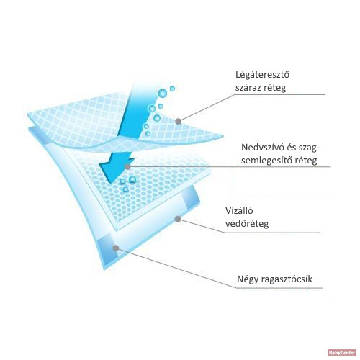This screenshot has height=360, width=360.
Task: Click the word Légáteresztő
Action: pyautogui.click(x=262, y=74)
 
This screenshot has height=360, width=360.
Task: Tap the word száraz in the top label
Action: pyautogui.click(x=248, y=88)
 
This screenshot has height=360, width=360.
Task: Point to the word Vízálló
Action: pyautogui.click(x=239, y=210)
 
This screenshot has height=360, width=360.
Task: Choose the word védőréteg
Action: pyautogui.click(x=247, y=224)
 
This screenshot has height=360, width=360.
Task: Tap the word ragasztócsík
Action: pyautogui.click(x=287, y=279)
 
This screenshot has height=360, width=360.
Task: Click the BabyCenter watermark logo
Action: pyautogui.click(x=342, y=353)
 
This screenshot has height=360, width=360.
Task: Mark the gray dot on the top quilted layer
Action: pyautogui.click(x=178, y=122)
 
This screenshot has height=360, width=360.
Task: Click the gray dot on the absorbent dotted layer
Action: pyautogui.click(x=128, y=166)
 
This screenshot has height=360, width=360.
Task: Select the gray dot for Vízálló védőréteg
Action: pyautogui.click(x=178, y=219)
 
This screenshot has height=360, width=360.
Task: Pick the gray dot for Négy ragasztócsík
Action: pyautogui.click(x=116, y=248)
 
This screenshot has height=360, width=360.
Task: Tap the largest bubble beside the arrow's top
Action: pyautogui.click(x=163, y=93)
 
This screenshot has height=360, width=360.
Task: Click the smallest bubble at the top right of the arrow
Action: pyautogui.click(x=161, y=106)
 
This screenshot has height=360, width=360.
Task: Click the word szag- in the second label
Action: pyautogui.click(x=309, y=148)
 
